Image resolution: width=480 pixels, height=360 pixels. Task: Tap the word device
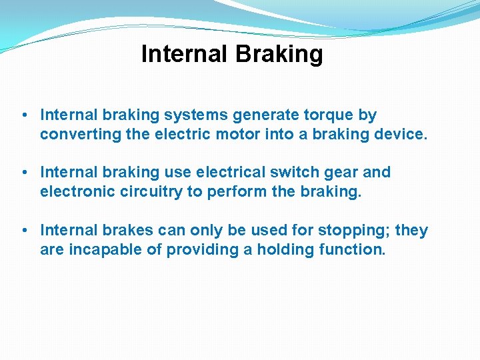tap(399, 134)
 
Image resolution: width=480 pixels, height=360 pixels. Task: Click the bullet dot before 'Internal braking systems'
tap(24, 116)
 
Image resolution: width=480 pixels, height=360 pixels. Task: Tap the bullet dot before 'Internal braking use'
tap(24, 173)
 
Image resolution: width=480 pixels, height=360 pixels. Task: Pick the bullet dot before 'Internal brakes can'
tap(24, 231)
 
